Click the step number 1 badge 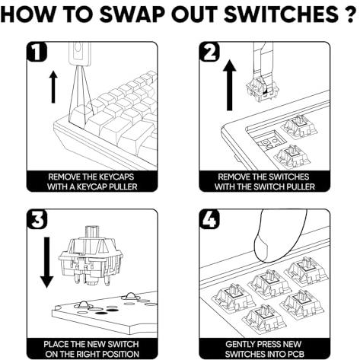click(x=37, y=52)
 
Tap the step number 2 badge click(x=209, y=52)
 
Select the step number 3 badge click(x=37, y=219)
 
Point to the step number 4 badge click(x=209, y=219)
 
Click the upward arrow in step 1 click(x=53, y=87)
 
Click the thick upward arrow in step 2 click(x=230, y=85)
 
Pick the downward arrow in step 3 click(x=47, y=263)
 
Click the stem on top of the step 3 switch click(x=93, y=231)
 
